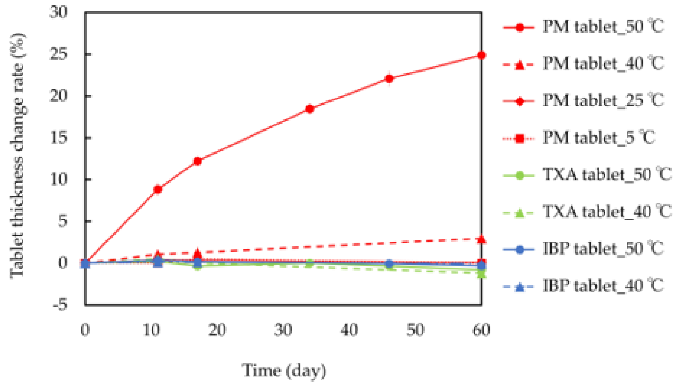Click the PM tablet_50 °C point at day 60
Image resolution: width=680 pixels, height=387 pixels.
click(482, 55)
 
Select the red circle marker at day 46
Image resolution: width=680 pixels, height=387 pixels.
click(389, 79)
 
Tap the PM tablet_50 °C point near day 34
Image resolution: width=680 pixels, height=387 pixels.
click(310, 109)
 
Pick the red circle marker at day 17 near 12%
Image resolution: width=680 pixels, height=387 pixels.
click(198, 161)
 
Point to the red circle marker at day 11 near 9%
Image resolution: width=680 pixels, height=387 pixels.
click(158, 189)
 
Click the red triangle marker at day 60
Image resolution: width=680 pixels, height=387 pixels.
click(482, 239)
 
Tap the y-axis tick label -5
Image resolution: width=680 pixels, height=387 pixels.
click(60, 304)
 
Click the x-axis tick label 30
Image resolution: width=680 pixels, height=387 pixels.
click(283, 330)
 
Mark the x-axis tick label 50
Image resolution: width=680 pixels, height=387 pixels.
click(415, 330)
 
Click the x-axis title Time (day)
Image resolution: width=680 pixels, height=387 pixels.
click(284, 370)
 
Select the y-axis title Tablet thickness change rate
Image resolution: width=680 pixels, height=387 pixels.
click(17, 155)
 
